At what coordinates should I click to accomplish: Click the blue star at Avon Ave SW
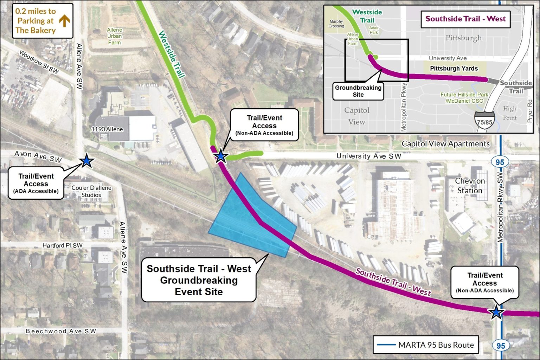coord(86,161)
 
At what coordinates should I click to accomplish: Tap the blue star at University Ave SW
coord(220,156)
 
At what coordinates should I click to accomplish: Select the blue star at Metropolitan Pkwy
coord(496,312)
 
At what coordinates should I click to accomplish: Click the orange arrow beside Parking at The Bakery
coord(64,21)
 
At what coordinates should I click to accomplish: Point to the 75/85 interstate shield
coord(484,120)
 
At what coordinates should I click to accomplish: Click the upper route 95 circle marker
coord(500,162)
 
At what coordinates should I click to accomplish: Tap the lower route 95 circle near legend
coord(501,345)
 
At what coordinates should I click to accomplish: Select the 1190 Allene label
coord(107,129)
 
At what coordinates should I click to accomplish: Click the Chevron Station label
coord(470,186)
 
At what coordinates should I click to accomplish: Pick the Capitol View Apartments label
coord(445,144)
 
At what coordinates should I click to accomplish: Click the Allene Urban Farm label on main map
coord(114,36)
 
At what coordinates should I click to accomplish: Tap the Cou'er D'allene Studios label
coord(91,191)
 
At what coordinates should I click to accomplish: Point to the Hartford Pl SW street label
coord(63,245)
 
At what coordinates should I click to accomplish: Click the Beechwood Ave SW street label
coord(61,331)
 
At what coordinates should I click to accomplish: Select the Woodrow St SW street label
coord(39,62)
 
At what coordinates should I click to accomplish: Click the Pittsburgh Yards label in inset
coord(454,69)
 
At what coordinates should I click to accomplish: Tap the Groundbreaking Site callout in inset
coord(358,91)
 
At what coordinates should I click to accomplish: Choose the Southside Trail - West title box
coord(465,19)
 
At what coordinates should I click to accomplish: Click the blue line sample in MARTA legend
coord(386,345)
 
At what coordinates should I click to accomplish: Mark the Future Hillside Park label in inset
coord(464,98)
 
